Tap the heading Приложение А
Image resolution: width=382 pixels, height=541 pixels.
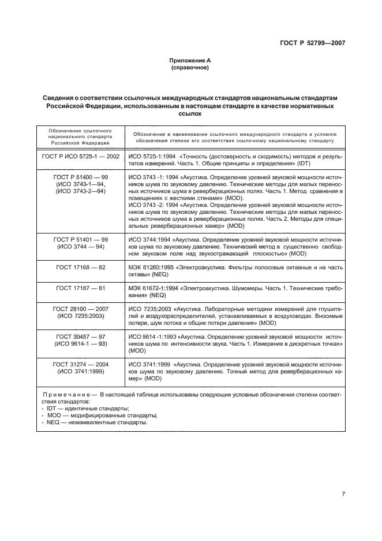190,60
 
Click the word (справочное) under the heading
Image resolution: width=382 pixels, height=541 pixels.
190,67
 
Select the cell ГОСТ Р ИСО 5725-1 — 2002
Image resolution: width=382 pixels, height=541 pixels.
81,157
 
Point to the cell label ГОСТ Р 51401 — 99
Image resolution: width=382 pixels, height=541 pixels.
81,239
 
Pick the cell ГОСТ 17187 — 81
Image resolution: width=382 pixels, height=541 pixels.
81,288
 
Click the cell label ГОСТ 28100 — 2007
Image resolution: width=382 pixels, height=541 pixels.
81,309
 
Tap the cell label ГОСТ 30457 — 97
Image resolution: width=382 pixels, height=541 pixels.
81,336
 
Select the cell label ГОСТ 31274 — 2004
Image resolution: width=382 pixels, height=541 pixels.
81,364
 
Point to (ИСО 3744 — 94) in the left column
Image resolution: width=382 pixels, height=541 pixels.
81,247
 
